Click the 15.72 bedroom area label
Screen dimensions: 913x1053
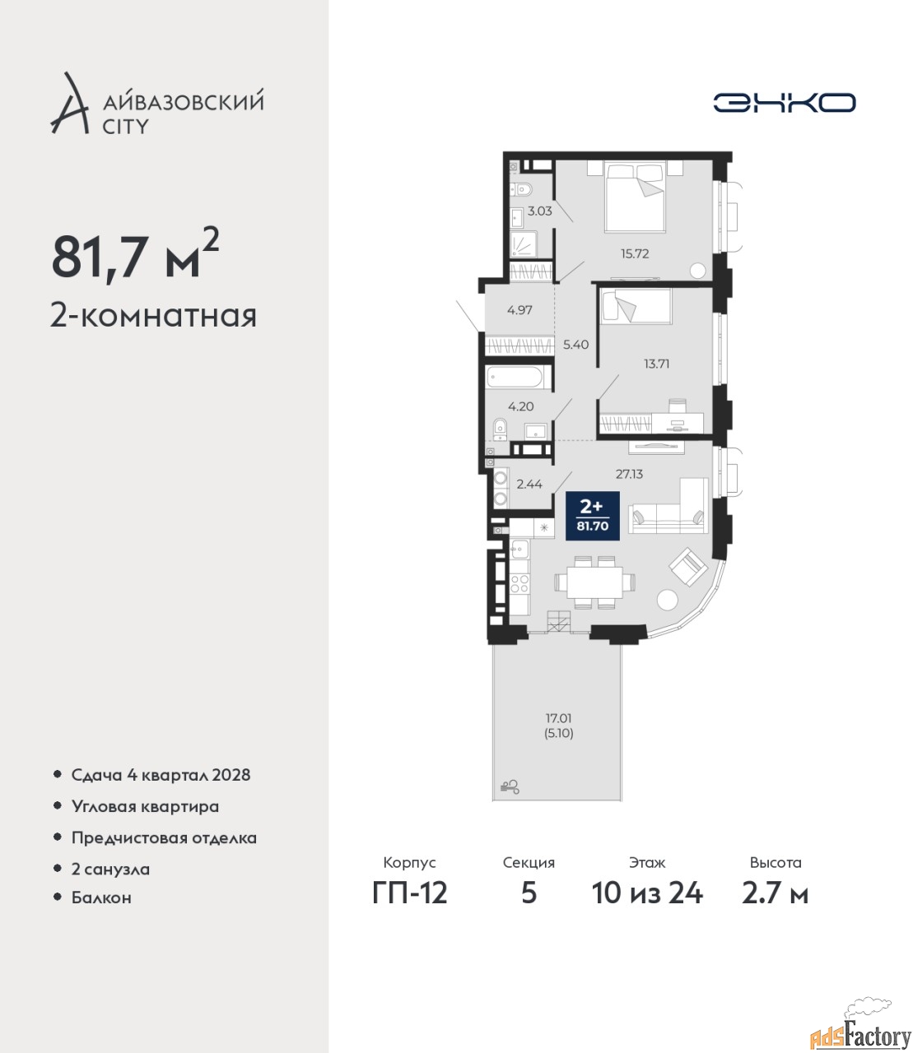635,253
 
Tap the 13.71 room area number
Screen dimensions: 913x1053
656,364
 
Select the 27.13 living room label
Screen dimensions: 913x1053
629,474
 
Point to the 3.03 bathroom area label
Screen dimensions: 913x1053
539,211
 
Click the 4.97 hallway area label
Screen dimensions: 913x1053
519,310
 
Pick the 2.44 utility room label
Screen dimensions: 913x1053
529,484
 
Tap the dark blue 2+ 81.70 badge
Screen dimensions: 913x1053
593,516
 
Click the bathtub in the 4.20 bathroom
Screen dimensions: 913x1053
519,378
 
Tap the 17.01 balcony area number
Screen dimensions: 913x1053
559,719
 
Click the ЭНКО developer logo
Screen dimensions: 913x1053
784,102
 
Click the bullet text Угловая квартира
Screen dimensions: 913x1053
145,806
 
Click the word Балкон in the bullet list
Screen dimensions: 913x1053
101,897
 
